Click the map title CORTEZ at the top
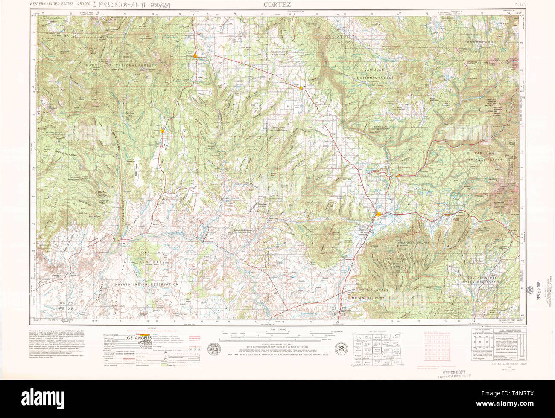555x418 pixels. (277, 4)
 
